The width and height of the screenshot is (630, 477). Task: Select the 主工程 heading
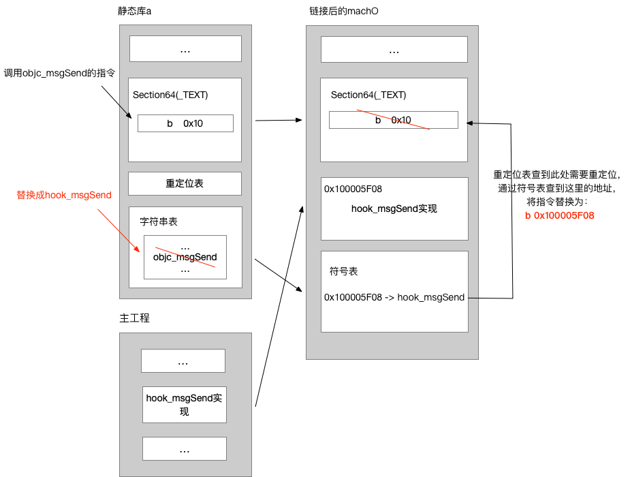click(135, 319)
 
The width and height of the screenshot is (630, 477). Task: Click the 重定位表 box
click(185, 183)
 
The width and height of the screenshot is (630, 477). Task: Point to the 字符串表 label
click(159, 222)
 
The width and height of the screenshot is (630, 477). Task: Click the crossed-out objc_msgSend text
click(185, 257)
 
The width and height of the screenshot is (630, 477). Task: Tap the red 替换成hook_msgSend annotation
click(64, 195)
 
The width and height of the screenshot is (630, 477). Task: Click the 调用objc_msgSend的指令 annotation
click(59, 73)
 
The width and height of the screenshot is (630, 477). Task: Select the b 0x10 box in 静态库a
click(185, 123)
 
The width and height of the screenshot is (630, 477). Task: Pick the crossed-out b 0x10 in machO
click(393, 120)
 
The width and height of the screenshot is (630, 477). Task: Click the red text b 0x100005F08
click(560, 215)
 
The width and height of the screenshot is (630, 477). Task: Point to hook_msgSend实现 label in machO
click(394, 209)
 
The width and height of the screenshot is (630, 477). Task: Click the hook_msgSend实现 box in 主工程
click(184, 405)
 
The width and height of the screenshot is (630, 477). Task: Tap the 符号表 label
click(344, 271)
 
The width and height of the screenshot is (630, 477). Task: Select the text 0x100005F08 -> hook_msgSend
click(394, 297)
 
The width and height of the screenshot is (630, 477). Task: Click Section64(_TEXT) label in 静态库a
click(170, 95)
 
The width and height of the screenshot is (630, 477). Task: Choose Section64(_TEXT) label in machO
click(368, 95)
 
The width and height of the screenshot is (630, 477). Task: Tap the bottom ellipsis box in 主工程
click(184, 448)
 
